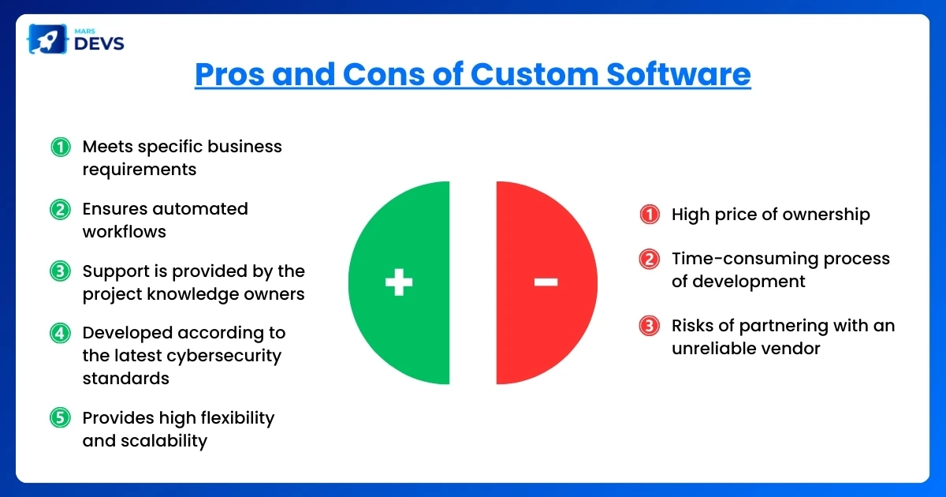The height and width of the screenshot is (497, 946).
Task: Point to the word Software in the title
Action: pos(678,74)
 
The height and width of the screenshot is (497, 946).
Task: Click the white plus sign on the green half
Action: pos(399,282)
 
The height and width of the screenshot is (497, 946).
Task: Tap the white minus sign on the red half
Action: pos(546,282)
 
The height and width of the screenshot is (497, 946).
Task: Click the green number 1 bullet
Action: pos(61,147)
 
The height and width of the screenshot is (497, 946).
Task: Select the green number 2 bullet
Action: pos(61,209)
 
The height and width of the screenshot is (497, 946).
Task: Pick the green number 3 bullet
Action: pos(61,271)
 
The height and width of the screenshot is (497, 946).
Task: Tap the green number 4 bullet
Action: pos(61,333)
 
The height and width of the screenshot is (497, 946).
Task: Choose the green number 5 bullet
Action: pos(61,417)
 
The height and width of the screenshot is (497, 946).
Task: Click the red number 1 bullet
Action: pos(649,215)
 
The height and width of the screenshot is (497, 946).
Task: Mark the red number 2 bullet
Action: pos(649,259)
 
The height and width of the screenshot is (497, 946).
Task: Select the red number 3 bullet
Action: pos(649,326)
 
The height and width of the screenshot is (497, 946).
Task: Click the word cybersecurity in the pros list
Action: pos(229,356)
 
